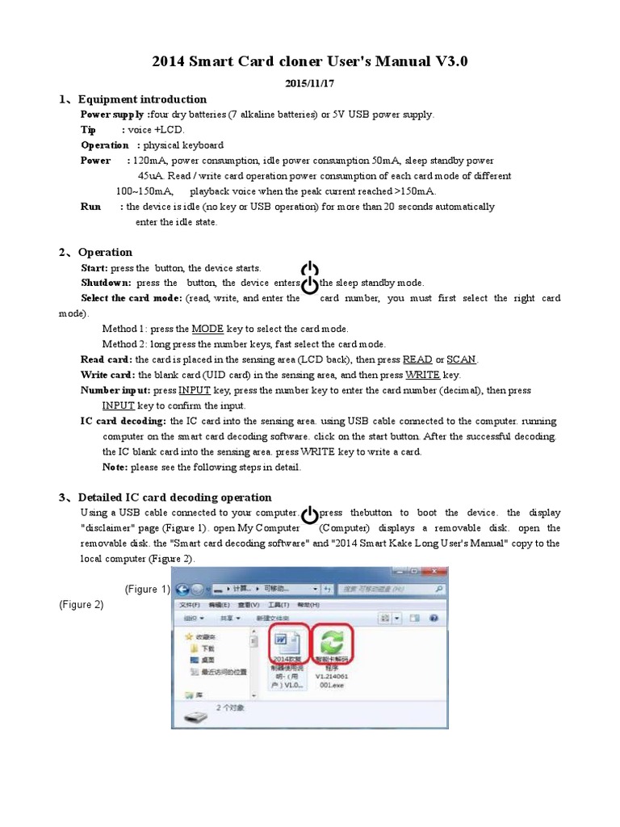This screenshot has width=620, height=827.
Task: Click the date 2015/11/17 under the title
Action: (x=310, y=83)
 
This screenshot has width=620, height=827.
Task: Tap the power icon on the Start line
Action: (x=309, y=270)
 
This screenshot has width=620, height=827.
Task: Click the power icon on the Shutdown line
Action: (x=309, y=284)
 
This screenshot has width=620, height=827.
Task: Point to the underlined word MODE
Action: (x=207, y=329)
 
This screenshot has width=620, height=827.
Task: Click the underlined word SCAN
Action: (x=461, y=359)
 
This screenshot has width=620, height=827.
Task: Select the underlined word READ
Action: (x=417, y=359)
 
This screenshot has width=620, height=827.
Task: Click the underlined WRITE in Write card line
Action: (x=422, y=375)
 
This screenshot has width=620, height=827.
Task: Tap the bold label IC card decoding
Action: (x=124, y=422)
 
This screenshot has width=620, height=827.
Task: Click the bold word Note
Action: (x=115, y=468)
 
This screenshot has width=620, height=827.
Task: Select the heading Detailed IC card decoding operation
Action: (x=174, y=497)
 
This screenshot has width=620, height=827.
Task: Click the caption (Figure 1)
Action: (x=148, y=589)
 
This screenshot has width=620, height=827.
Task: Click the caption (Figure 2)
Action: (x=82, y=604)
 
